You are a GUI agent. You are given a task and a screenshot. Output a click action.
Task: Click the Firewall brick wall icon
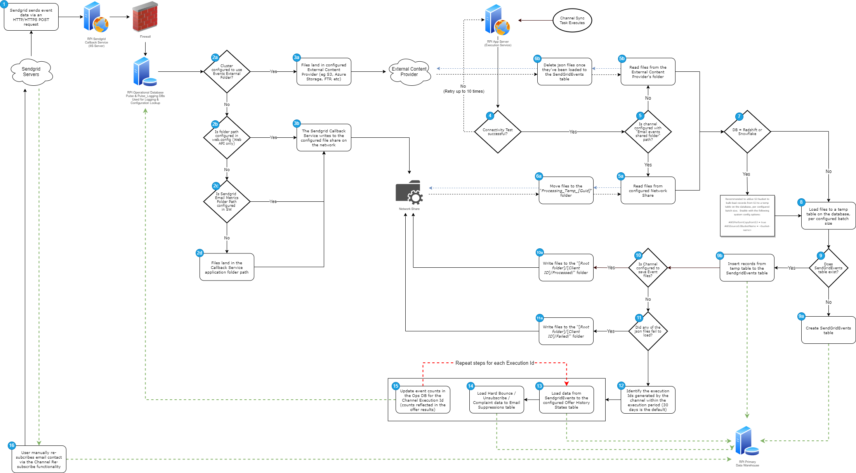pyautogui.click(x=145, y=17)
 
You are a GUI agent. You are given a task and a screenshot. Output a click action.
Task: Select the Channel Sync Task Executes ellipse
pyautogui.click(x=572, y=21)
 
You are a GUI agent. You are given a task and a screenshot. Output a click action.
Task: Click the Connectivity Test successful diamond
pyautogui.click(x=498, y=132)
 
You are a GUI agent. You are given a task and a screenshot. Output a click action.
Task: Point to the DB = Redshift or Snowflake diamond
pyautogui.click(x=747, y=132)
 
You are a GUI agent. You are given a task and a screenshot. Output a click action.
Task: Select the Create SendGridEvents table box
pyautogui.click(x=828, y=330)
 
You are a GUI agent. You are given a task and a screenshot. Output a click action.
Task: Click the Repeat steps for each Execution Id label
pyautogui.click(x=494, y=363)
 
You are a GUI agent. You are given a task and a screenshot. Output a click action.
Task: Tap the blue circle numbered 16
pyautogui.click(x=12, y=445)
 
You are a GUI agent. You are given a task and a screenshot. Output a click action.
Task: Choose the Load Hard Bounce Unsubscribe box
pyautogui.click(x=496, y=400)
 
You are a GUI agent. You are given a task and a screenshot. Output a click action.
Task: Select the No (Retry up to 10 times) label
pyautogui.click(x=464, y=89)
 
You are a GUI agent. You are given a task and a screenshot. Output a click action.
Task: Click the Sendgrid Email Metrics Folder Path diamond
pyautogui.click(x=227, y=202)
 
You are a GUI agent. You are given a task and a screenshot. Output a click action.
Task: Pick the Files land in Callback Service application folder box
pyautogui.click(x=227, y=267)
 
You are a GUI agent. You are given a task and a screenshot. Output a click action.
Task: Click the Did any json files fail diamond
pyautogui.click(x=648, y=331)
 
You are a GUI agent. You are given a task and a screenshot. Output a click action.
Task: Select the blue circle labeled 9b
pyautogui.click(x=719, y=256)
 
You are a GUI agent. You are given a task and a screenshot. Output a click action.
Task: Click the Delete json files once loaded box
pyautogui.click(x=564, y=72)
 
